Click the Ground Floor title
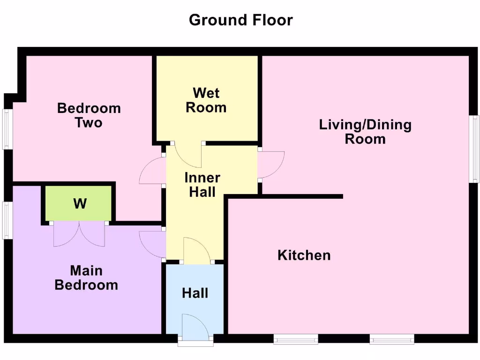[x=240, y=20]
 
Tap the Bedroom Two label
[x=89, y=115]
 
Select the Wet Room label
[x=206, y=100]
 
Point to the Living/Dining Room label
[x=365, y=132]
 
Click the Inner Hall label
[x=202, y=185]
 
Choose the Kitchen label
[x=304, y=255]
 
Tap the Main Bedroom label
[x=86, y=277]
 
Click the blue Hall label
[x=195, y=293]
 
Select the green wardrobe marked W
[x=78, y=203]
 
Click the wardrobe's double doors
[x=79, y=233]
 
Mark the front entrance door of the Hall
[x=196, y=327]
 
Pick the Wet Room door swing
[x=188, y=155]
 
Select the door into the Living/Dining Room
[x=271, y=165]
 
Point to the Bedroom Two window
[x=7, y=129]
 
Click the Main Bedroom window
[x=7, y=220]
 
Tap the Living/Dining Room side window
[x=474, y=149]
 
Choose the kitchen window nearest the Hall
[x=296, y=339]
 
